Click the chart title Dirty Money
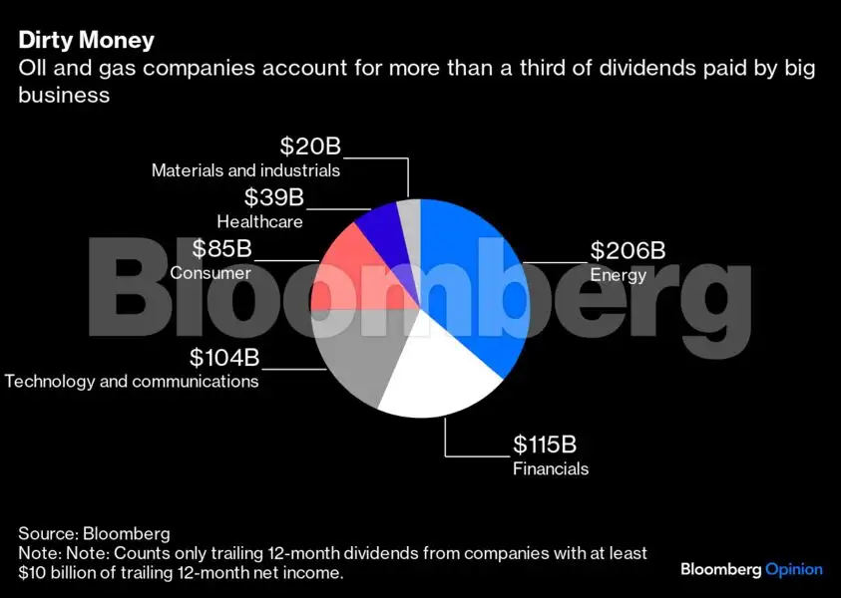click(x=87, y=40)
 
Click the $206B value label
click(x=628, y=250)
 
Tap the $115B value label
click(x=545, y=445)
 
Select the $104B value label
click(x=224, y=358)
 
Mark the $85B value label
click(x=222, y=248)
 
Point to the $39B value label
click(x=274, y=196)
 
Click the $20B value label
click(x=310, y=146)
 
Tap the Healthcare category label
click(x=260, y=222)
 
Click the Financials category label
click(x=551, y=468)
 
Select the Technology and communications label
click(x=132, y=382)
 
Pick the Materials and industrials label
click(x=245, y=170)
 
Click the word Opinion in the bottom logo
click(x=794, y=570)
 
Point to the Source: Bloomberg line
click(x=95, y=533)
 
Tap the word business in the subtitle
click(x=64, y=95)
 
